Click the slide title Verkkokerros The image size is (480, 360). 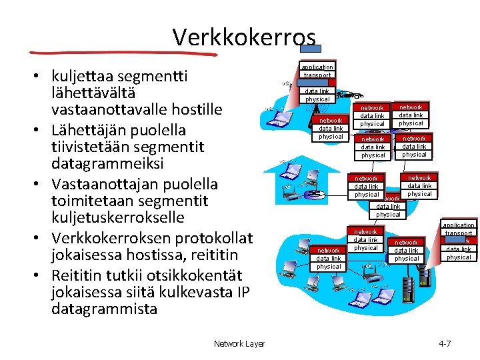point(243,37)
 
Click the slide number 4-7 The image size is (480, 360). point(444,344)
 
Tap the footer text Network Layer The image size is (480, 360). point(239,344)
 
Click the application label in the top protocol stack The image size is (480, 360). point(317,67)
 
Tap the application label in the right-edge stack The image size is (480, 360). point(459,225)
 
